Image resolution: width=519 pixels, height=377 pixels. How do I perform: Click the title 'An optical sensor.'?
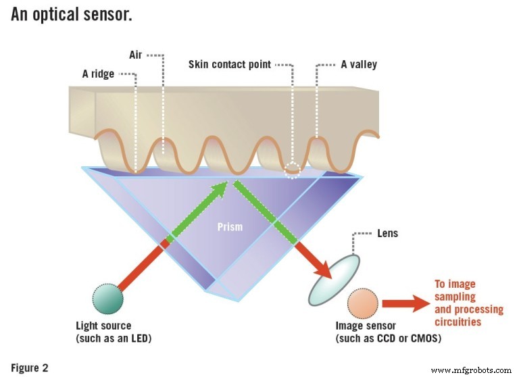click(71, 14)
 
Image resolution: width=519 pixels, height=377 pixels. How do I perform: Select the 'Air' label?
click(136, 55)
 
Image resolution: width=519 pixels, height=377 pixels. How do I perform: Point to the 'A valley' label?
click(359, 65)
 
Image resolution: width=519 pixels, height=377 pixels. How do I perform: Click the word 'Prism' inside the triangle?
click(230, 227)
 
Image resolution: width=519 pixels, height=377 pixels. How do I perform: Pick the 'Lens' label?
click(387, 234)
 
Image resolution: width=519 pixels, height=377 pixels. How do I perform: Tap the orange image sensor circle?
click(364, 305)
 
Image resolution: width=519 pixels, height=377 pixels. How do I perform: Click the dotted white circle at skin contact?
click(292, 170)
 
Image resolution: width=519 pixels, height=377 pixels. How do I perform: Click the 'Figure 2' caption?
click(30, 368)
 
